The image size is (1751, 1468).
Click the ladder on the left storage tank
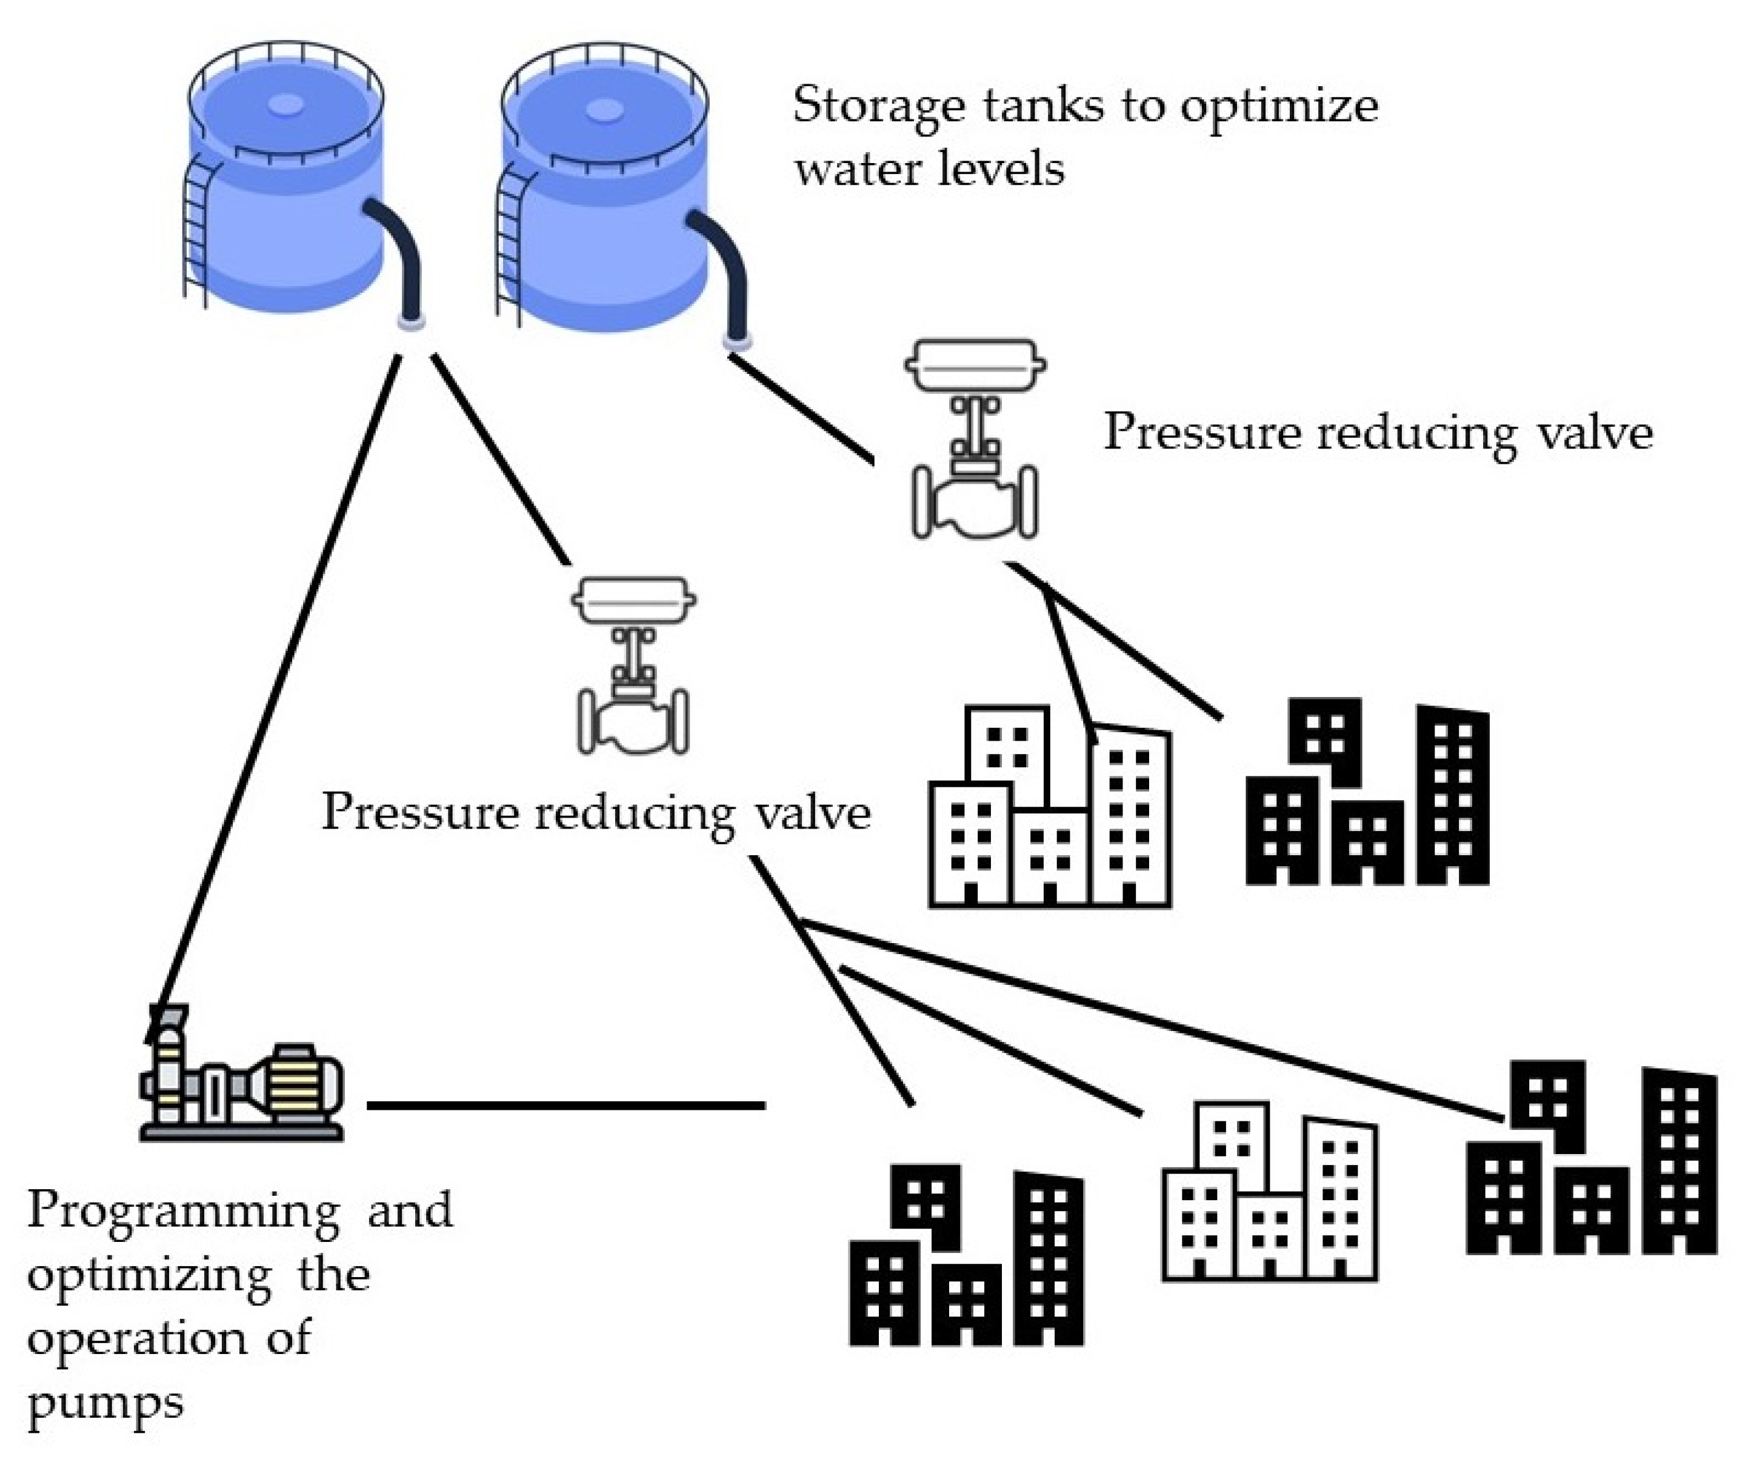(x=197, y=229)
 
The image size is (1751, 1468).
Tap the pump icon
(x=242, y=1084)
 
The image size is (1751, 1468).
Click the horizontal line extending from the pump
(x=567, y=1106)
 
